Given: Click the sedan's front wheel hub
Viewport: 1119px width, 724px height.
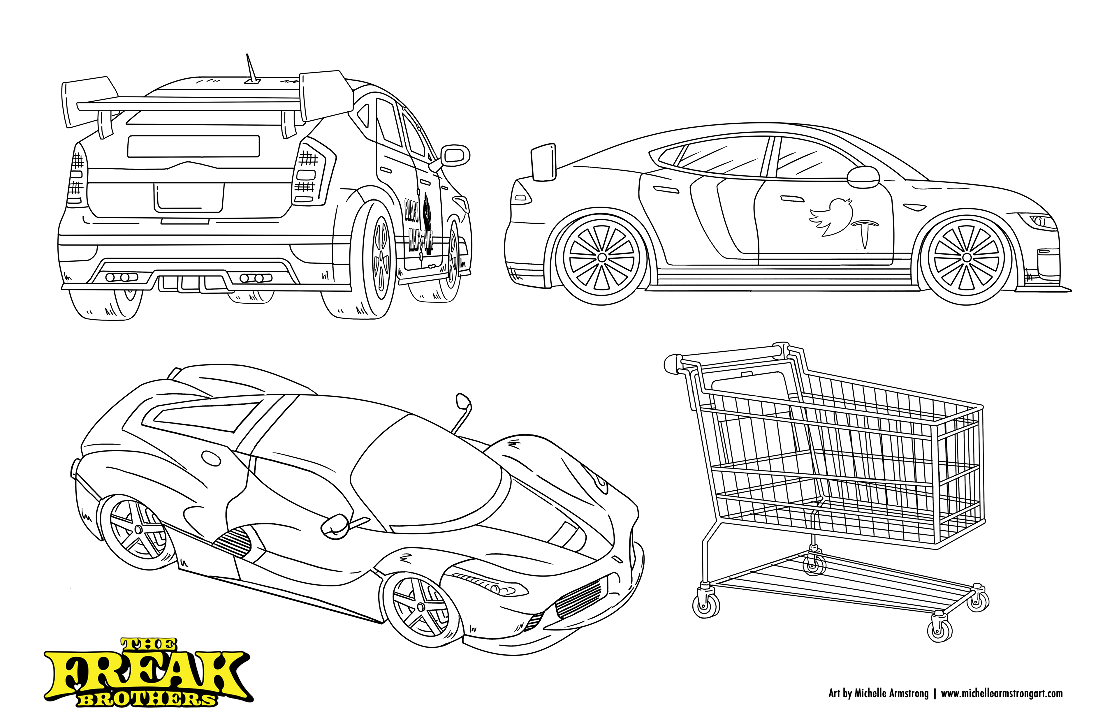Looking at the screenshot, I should click(x=966, y=258).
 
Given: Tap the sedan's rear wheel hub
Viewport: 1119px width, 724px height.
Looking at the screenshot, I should click(x=602, y=258).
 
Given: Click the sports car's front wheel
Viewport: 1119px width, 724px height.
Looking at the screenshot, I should click(x=420, y=608).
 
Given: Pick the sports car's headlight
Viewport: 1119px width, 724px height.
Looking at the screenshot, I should click(x=489, y=587).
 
